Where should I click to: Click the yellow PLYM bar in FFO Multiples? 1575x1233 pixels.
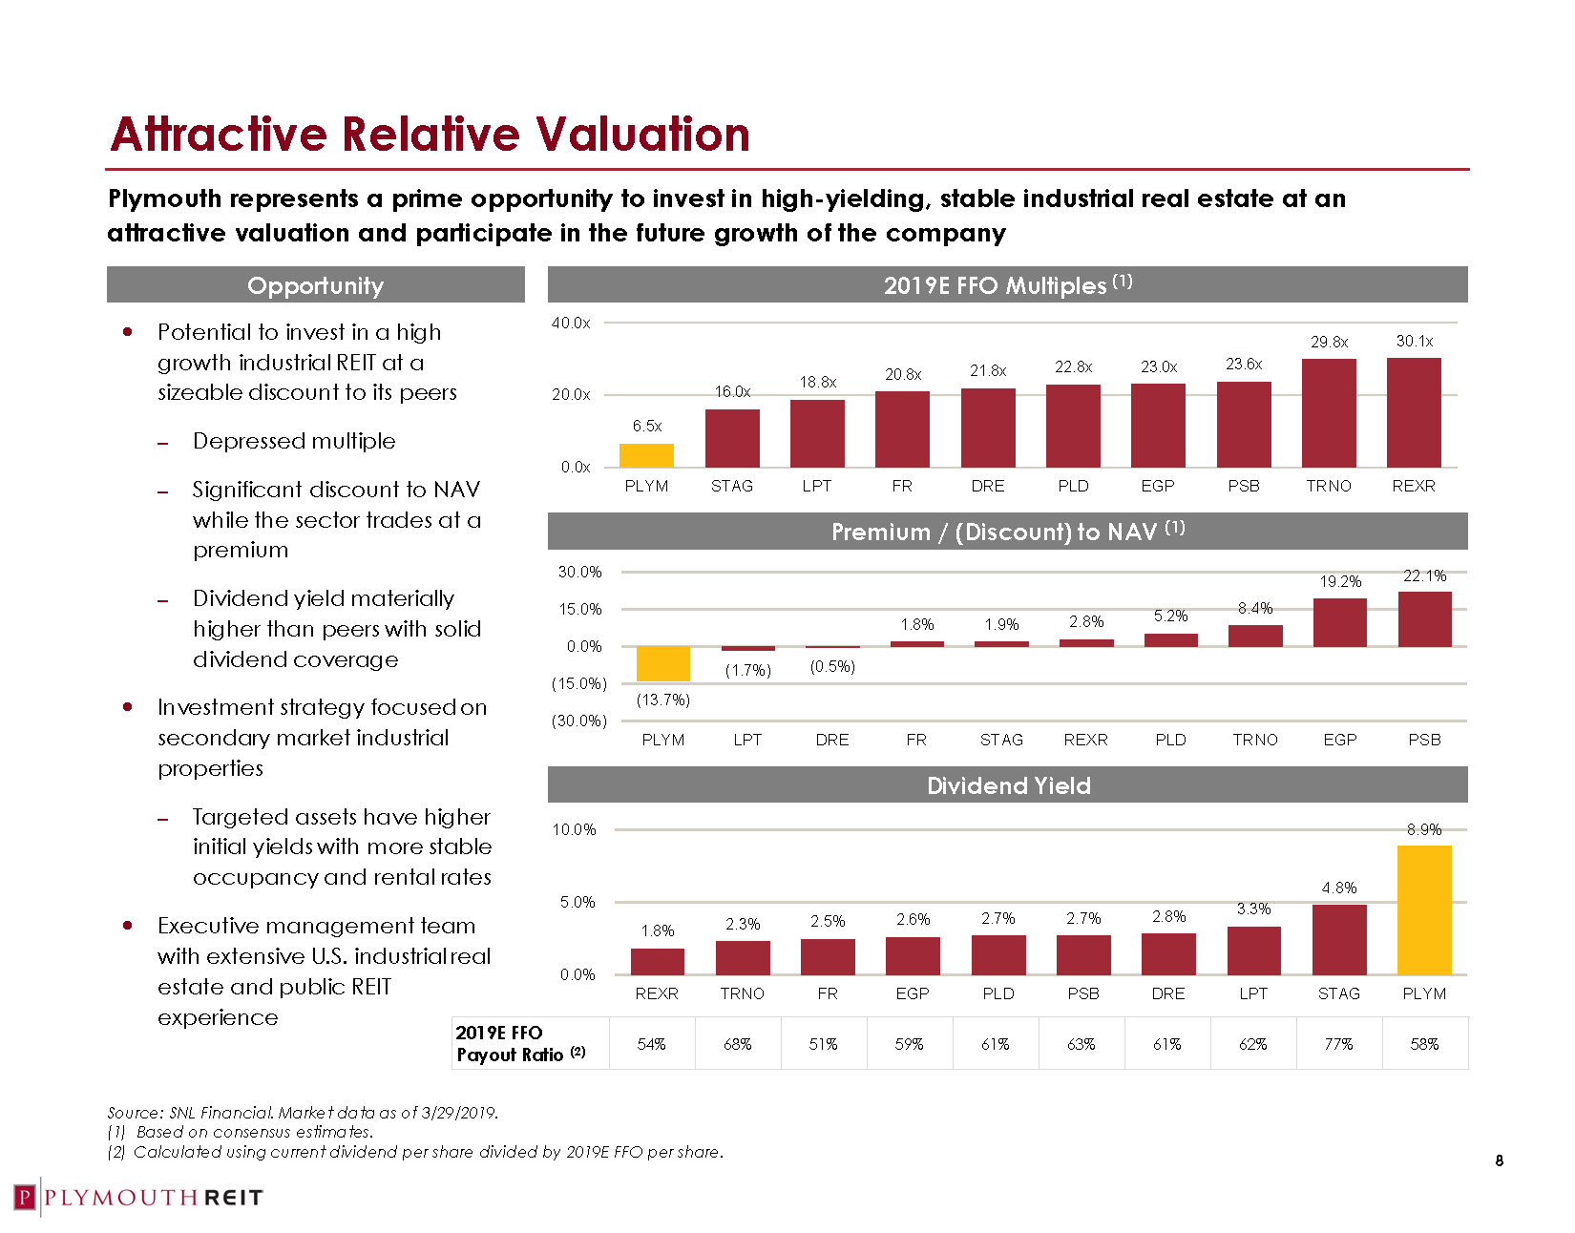point(646,455)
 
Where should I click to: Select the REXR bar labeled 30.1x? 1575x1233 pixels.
point(1414,412)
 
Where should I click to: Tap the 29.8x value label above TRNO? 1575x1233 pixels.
point(1329,342)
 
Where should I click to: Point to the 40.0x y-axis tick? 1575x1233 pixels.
point(571,323)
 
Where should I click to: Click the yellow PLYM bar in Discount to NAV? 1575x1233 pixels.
point(662,663)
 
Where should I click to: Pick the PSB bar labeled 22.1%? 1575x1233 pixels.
point(1424,619)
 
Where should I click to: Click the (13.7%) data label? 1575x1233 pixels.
point(662,700)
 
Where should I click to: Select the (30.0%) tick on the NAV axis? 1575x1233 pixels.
point(578,721)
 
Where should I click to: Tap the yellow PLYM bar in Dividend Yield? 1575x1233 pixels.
point(1424,909)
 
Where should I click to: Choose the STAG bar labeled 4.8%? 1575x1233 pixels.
point(1339,939)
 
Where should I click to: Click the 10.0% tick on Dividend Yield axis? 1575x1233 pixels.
point(574,829)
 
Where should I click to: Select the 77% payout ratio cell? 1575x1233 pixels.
point(1338,1044)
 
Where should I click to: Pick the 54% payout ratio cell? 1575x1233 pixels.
point(651,1044)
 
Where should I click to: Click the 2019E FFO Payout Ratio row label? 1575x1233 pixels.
point(520,1043)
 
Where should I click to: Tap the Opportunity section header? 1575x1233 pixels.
point(315,285)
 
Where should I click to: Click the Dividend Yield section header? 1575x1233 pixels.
point(1008,785)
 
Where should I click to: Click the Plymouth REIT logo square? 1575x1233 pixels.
point(26,1198)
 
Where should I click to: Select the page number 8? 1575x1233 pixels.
point(1499,1160)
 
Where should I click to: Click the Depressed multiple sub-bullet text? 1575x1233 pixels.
point(294,441)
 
